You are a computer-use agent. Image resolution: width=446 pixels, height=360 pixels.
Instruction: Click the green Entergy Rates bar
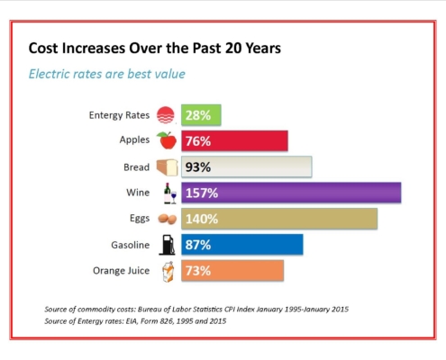[201, 115]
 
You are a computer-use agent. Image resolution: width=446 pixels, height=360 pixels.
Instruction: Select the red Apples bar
[234, 140]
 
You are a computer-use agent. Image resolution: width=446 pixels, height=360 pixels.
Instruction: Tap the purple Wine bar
[291, 193]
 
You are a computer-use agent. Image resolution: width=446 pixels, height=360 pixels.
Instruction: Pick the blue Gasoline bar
[242, 245]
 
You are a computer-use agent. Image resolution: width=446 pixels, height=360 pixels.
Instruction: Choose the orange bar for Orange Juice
[232, 271]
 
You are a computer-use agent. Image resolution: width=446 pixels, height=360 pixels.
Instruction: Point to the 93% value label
[198, 167]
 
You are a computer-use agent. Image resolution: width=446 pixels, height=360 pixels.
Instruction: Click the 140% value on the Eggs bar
[202, 219]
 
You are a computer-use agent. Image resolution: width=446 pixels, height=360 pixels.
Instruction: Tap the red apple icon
[167, 140]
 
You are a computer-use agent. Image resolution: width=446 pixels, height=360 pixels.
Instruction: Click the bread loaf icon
[167, 167]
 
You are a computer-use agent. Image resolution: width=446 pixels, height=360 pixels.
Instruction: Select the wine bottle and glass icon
[170, 193]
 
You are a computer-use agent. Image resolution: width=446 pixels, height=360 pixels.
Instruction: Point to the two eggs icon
[168, 219]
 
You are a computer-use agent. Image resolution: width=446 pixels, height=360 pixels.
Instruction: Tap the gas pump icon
[167, 245]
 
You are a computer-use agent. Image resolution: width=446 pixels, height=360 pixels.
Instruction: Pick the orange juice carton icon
[168, 272]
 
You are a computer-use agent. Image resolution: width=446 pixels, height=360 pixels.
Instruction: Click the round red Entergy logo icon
[166, 115]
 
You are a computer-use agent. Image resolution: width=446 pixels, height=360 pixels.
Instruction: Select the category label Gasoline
[131, 245]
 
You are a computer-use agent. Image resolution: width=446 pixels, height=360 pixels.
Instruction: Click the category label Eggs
[140, 219]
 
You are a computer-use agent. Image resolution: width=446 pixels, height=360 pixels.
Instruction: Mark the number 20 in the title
[233, 48]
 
